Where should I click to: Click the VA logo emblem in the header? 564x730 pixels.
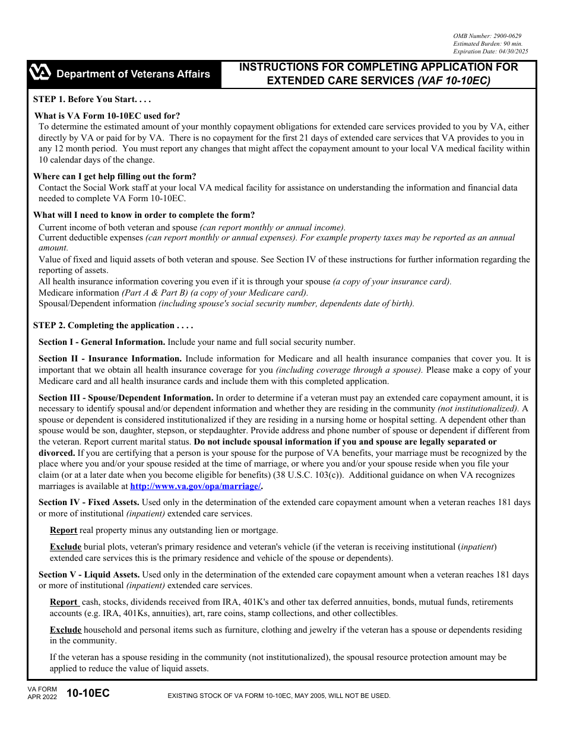(x=40, y=74)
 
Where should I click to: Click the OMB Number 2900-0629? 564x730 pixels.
(x=487, y=36)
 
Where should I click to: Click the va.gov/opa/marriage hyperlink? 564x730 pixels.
(x=195, y=486)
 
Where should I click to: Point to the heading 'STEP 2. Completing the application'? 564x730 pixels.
(x=113, y=325)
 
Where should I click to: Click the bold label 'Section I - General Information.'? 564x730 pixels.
(x=102, y=342)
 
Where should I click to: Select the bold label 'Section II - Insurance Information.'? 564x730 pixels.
(x=110, y=358)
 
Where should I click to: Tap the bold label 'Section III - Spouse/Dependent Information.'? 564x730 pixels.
(x=126, y=398)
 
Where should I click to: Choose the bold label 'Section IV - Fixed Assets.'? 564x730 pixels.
(x=89, y=502)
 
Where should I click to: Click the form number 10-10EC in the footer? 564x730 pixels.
(x=88, y=693)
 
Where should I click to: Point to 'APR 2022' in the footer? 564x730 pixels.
(x=42, y=697)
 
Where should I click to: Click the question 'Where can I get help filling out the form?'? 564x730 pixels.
(x=115, y=176)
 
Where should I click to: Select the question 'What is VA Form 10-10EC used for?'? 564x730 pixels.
(x=107, y=116)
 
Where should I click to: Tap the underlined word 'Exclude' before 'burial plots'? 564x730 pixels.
(x=65, y=547)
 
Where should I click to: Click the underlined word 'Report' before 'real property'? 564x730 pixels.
(x=64, y=530)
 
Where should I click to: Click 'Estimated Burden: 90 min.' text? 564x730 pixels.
(x=487, y=44)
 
